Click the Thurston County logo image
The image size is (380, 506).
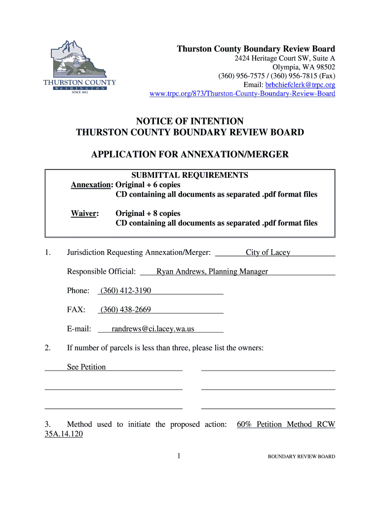click(79, 69)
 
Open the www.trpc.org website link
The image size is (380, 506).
click(242, 93)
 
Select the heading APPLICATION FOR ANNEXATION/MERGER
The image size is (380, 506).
click(190, 155)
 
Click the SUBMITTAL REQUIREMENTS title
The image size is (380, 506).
click(190, 175)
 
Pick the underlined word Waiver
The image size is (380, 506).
click(85, 213)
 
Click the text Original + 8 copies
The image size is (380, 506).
click(148, 213)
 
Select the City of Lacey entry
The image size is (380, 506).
click(268, 253)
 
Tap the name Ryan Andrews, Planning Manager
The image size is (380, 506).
click(212, 271)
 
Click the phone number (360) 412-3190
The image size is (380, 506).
click(126, 291)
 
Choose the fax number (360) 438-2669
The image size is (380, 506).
click(126, 310)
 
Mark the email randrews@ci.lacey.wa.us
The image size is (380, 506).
click(153, 329)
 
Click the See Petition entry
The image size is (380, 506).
click(86, 367)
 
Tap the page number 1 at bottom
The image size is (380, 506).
click(180, 456)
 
